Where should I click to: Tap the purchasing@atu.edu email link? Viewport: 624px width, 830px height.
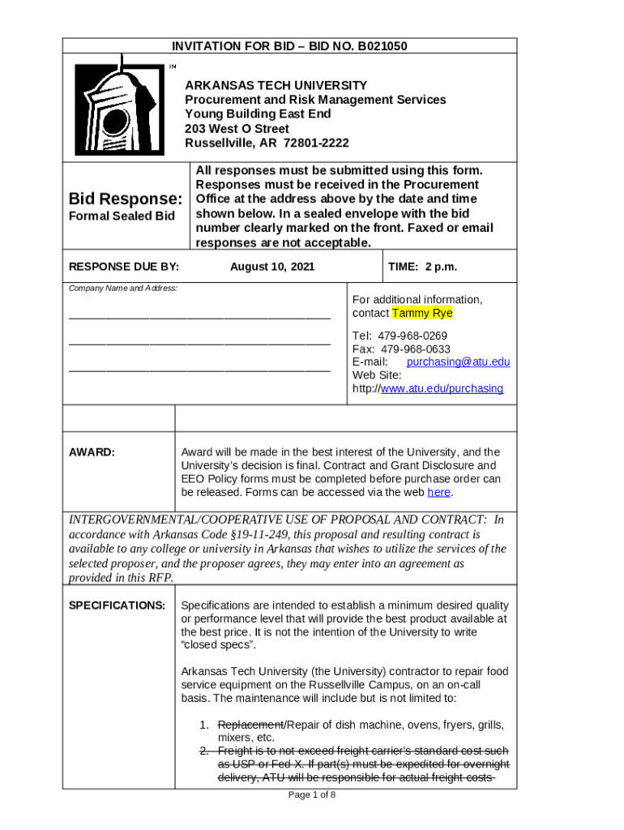pos(458,362)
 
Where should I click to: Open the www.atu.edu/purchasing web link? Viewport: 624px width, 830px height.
pos(442,388)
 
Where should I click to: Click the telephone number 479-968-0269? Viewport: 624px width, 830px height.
pos(412,336)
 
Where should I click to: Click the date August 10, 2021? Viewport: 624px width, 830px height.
pos(272,267)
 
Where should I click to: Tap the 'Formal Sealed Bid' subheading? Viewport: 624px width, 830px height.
pos(122,216)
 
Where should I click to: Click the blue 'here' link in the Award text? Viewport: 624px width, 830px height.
pos(438,492)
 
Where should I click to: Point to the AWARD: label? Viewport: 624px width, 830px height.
pos(92,451)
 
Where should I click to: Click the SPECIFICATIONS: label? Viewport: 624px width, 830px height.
pos(117,605)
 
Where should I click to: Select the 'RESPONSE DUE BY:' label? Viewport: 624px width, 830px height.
pos(124,267)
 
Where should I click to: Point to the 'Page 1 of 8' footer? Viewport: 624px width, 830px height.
pos(312,794)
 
